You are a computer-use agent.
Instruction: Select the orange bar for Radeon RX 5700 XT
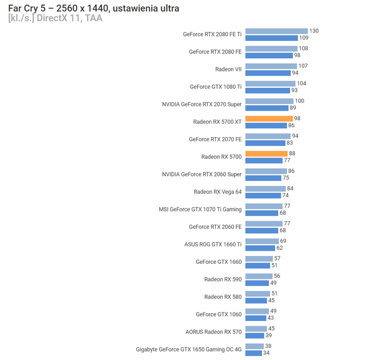pyautogui.click(x=269, y=118)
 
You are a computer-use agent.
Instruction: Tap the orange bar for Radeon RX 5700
pyautogui.click(x=266, y=153)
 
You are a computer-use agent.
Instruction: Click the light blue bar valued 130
pyautogui.click(x=276, y=31)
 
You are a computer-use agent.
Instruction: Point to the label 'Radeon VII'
pyautogui.click(x=228, y=69)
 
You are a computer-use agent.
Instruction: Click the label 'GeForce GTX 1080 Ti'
pyautogui.click(x=215, y=87)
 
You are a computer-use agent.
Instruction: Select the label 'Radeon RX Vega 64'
pyautogui.click(x=218, y=192)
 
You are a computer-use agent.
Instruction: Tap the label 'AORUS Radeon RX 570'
pyautogui.click(x=213, y=331)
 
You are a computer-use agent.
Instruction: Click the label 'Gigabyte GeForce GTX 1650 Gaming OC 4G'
pyautogui.click(x=189, y=349)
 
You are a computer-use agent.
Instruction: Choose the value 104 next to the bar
pyautogui.click(x=301, y=84)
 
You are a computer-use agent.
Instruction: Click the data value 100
pyautogui.click(x=299, y=101)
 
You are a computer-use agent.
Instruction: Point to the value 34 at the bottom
pyautogui.click(x=266, y=353)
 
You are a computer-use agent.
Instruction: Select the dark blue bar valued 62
pyautogui.click(x=260, y=248)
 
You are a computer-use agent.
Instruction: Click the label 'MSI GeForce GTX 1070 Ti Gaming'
pyautogui.click(x=200, y=209)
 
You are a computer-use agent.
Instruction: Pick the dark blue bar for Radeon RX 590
pyautogui.click(x=257, y=282)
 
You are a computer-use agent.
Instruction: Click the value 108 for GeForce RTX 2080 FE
pyautogui.click(x=303, y=48)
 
